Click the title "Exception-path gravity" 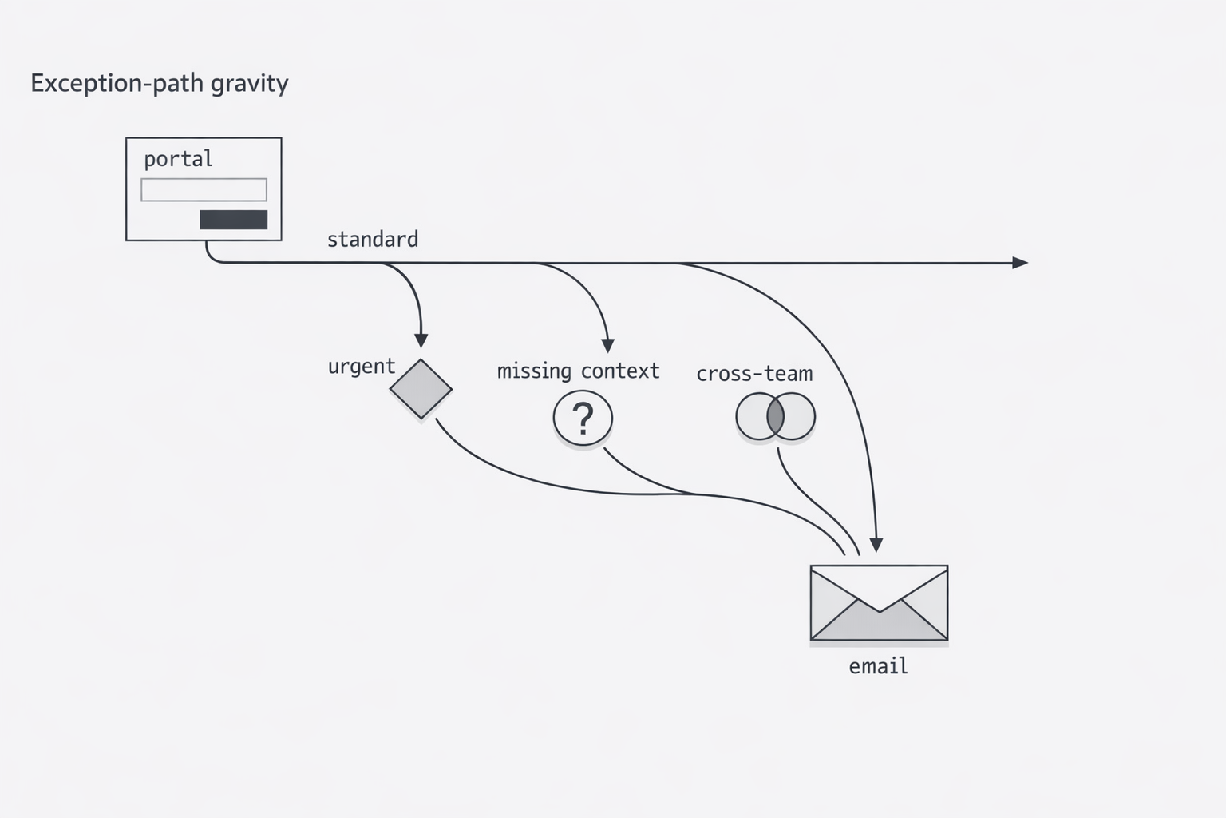159,83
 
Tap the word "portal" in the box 178,159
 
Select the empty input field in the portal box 204,190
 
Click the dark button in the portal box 233,220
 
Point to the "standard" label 372,240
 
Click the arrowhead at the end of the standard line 1020,263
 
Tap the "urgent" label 361,367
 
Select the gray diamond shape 421,389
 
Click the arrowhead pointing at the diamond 421,340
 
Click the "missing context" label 578,371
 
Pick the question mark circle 583,418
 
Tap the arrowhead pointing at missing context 608,345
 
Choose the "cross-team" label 754,374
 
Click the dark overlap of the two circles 775,417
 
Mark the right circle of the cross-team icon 799,417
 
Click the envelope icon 879,603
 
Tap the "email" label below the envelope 878,666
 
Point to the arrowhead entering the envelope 876,545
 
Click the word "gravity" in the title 250,83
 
